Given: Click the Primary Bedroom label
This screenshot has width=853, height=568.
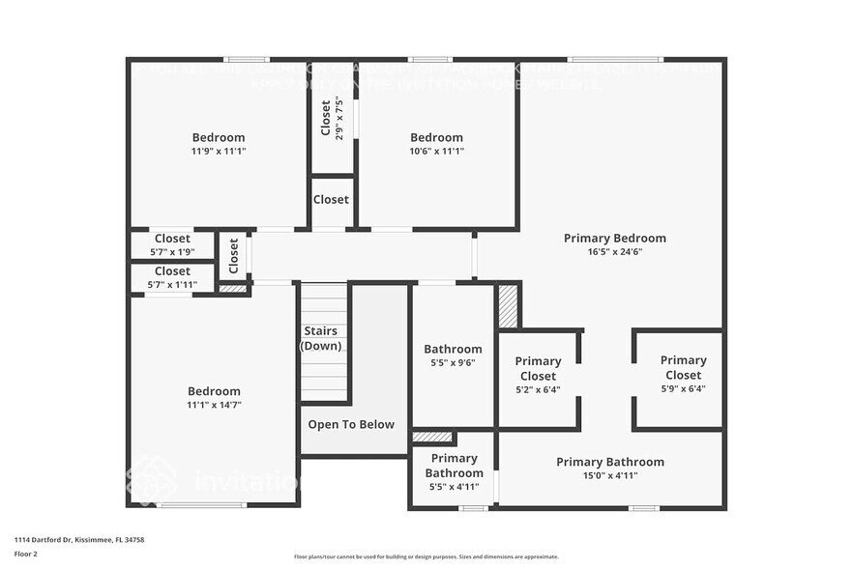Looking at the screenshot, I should tap(614, 238).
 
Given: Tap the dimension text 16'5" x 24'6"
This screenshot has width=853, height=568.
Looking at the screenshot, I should tap(614, 251).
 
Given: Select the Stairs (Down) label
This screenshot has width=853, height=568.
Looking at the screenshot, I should tap(321, 339).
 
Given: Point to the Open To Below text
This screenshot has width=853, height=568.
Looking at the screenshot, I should tap(351, 424).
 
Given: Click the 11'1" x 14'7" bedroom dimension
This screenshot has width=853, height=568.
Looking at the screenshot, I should tap(214, 405).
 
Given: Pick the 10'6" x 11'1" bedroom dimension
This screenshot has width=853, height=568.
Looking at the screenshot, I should tap(436, 151).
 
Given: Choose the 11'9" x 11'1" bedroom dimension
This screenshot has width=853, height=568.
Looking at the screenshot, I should tap(218, 151).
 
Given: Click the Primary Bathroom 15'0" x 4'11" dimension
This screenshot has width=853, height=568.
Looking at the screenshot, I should tap(610, 475).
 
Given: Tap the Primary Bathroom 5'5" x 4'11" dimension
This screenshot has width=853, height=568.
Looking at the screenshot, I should tap(454, 486).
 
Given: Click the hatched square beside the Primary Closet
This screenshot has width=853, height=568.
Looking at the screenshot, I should tap(508, 306).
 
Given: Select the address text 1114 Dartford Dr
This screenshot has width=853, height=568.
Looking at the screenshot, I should tap(78, 540).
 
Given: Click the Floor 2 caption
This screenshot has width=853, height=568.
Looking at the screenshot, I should tap(25, 554).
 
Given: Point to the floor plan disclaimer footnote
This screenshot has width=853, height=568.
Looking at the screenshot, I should tap(426, 556).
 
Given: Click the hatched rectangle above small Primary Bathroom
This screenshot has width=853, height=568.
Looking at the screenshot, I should tap(431, 437).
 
